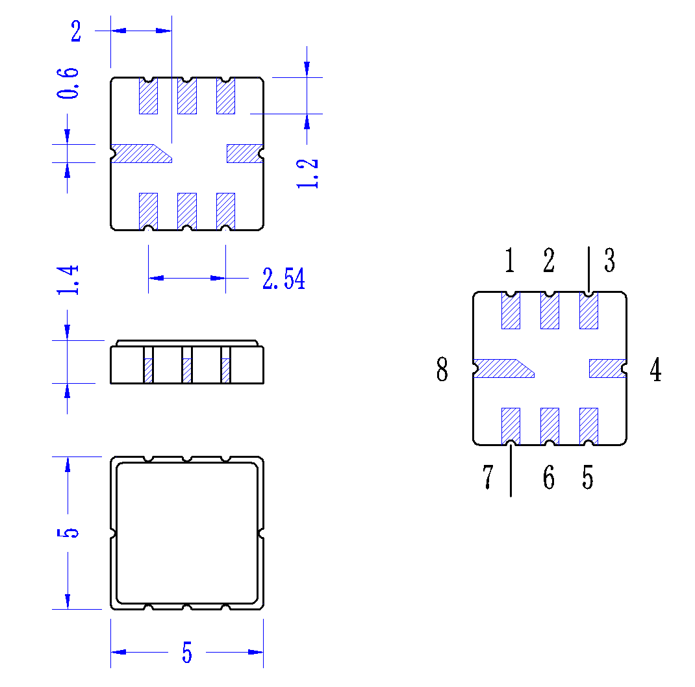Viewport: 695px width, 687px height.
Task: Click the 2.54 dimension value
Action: tap(284, 279)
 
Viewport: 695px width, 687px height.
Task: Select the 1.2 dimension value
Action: tap(307, 173)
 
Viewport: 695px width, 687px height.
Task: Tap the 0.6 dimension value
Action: tap(68, 83)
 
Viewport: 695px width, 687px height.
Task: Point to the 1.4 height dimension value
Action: tap(68, 280)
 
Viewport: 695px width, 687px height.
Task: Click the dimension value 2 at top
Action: tap(76, 31)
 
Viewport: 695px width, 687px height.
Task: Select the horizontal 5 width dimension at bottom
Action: tap(187, 652)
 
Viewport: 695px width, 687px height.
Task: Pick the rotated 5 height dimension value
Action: tap(68, 532)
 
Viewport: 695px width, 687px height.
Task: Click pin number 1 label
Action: tap(510, 260)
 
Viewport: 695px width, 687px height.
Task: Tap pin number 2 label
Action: tap(549, 260)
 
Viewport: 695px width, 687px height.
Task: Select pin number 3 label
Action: tap(610, 260)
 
